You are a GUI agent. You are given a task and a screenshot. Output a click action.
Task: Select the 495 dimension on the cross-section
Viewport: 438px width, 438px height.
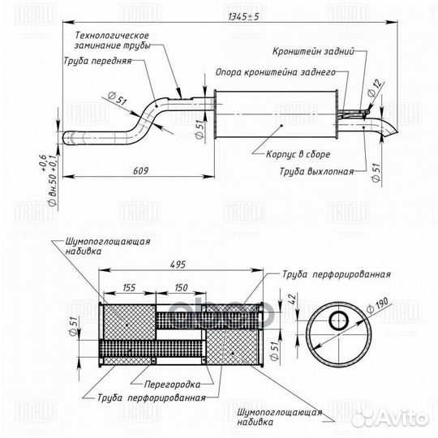[180, 264]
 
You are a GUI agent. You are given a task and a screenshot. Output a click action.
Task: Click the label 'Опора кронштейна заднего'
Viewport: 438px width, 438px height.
[286, 73]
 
